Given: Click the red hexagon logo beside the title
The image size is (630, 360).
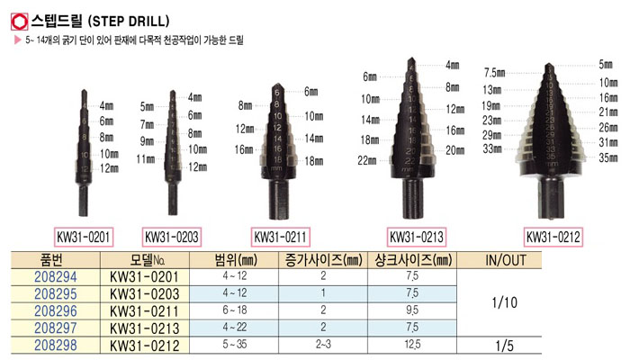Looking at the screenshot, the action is coord(19,22).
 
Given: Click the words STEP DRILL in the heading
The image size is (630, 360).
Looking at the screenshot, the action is coord(129,21).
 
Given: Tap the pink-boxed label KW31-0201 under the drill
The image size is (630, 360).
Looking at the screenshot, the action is coord(84,237).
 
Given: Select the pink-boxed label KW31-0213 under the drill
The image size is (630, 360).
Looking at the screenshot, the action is coord(416,237).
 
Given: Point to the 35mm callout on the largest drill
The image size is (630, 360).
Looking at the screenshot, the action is coord(607,157).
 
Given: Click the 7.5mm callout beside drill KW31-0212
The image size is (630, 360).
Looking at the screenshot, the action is coord(495,73).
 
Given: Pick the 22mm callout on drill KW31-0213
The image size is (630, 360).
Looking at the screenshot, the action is coord(367,161).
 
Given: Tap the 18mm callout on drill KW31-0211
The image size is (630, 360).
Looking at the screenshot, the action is coord(314,161).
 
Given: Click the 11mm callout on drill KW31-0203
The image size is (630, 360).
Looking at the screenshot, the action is coord(146,159).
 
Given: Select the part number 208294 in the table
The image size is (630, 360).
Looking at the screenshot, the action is coord(56,277).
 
